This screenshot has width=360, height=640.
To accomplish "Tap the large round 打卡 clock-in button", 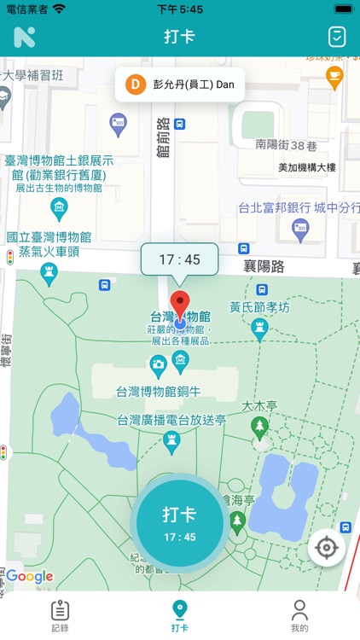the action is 179,522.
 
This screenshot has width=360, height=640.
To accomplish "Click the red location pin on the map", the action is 179,305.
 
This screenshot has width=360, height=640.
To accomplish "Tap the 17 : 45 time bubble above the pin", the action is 179,259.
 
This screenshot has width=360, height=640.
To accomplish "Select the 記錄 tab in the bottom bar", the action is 60,616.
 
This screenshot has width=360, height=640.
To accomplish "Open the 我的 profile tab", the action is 299,616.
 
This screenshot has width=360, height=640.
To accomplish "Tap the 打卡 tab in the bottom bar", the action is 180,616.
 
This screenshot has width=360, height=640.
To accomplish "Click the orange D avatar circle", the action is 136,84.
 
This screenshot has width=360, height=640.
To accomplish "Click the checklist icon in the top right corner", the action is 336,37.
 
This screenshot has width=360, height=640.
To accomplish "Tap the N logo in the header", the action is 24,37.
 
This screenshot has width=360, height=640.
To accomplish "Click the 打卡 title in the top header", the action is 179,37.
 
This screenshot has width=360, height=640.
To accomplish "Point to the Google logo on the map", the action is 30,577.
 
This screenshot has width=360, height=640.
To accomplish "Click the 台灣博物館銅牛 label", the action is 159,392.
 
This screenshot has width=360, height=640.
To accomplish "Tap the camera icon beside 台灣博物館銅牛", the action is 158,365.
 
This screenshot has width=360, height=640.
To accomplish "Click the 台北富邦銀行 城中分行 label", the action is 299,207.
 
